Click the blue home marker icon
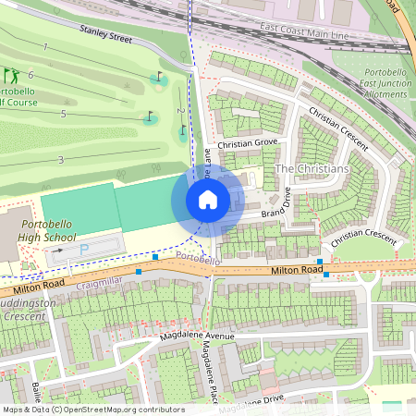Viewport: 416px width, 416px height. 208,199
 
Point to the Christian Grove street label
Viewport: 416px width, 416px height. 247,143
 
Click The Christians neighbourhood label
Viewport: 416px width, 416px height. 312,169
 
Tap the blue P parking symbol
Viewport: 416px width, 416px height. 85,250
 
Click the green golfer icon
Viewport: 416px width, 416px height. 10,75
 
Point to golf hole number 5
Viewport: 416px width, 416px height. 63,113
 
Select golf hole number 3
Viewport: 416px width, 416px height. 60,160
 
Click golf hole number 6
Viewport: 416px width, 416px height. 31,74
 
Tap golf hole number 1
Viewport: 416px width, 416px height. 43,46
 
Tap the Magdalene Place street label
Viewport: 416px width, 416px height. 209,360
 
